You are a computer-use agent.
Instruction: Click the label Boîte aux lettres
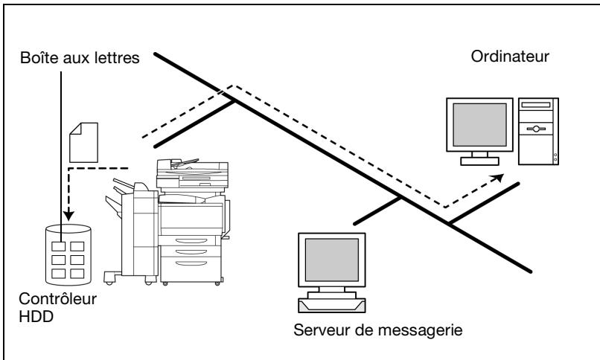(x=80, y=58)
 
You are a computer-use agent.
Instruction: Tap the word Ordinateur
(x=510, y=57)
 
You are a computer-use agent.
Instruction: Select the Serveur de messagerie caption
(x=377, y=330)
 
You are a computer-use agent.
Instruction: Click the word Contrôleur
(x=58, y=299)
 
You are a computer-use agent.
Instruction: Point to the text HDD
(x=36, y=317)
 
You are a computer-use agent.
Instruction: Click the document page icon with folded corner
(x=84, y=143)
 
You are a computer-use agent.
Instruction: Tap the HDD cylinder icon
(x=68, y=255)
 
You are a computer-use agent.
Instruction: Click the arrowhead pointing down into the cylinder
(x=68, y=216)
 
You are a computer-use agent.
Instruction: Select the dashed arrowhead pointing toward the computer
(x=498, y=177)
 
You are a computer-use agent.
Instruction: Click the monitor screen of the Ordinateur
(x=480, y=124)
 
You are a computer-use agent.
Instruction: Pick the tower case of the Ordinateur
(x=538, y=132)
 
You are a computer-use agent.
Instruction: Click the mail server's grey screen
(x=332, y=260)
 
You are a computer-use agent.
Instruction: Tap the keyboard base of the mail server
(x=332, y=306)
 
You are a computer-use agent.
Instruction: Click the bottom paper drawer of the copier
(x=191, y=269)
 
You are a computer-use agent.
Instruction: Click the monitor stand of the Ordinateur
(x=479, y=158)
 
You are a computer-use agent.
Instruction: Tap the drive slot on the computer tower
(x=536, y=105)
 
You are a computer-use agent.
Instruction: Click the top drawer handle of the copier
(x=191, y=241)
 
